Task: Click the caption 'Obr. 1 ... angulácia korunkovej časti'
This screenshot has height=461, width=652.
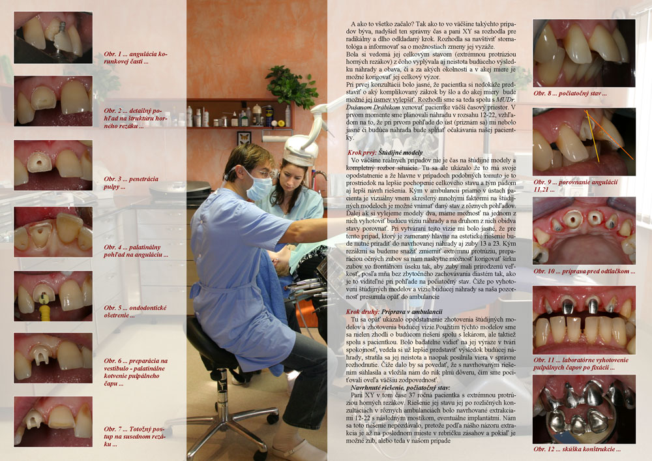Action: [x=136, y=58]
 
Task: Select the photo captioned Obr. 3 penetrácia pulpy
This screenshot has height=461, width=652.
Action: [x=53, y=165]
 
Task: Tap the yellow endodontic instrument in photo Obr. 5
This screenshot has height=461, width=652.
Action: [x=44, y=308]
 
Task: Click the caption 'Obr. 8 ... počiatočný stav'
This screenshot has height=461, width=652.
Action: [x=570, y=93]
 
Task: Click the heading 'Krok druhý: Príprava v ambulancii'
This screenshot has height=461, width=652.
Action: [x=394, y=312]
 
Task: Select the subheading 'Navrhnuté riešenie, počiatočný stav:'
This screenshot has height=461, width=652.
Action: [x=398, y=387]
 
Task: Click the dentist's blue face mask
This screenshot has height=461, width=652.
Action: [x=258, y=188]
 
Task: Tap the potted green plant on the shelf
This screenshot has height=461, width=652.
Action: [x=293, y=86]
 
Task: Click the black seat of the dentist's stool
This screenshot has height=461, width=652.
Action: [x=212, y=341]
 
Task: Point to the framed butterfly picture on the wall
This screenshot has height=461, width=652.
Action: [x=244, y=138]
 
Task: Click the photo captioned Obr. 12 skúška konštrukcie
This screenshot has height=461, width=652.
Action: [x=584, y=409]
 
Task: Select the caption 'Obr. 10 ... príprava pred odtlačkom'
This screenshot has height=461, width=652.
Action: [x=584, y=271]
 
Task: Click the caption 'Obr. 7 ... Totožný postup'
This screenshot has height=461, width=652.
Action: [x=134, y=436]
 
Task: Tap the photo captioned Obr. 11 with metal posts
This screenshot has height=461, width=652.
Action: [x=584, y=320]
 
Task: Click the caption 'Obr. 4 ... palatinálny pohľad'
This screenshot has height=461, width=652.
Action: [x=136, y=250]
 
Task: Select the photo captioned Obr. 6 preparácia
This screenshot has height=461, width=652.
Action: [x=53, y=358]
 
